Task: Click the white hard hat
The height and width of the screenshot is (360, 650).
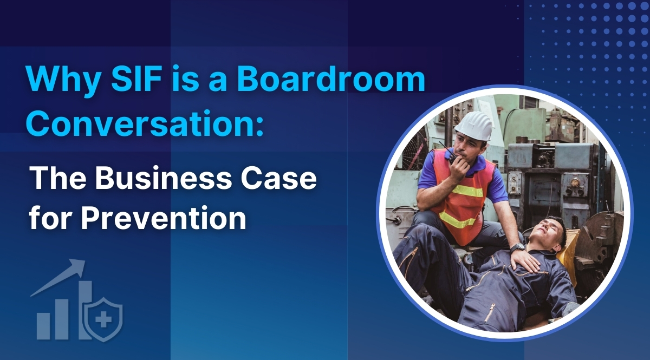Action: click(473, 126)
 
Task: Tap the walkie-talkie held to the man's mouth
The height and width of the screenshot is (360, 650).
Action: click(452, 158)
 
